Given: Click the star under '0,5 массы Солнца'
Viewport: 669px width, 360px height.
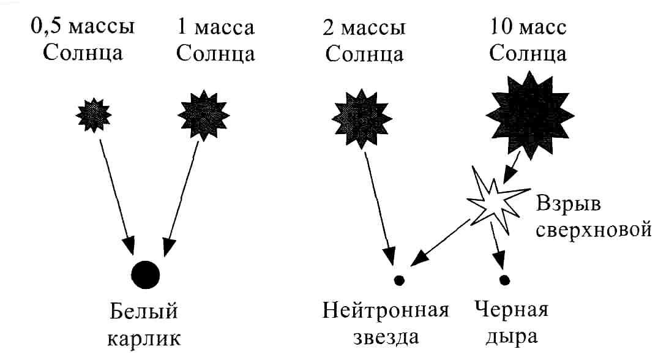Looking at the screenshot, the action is pos(94,115).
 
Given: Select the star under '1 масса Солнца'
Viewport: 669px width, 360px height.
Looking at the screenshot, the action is pos(204,115).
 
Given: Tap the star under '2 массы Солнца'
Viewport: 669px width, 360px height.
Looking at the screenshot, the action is pos(362,119).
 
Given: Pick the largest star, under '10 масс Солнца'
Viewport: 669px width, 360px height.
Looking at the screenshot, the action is pos(530,115).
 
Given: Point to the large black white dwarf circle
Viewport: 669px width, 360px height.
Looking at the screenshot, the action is pos(146,275).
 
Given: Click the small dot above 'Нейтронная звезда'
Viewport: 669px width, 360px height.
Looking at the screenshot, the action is pos(399,280).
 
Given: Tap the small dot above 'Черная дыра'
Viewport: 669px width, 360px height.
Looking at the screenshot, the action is pos(505,280).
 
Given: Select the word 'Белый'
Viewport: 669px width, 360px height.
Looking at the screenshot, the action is pos(143,311).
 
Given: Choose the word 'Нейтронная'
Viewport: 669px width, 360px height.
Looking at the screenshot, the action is pos(386,310).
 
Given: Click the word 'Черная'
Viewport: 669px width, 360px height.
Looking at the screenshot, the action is pos(511,309).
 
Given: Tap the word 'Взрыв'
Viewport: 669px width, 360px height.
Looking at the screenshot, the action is pos(568,203).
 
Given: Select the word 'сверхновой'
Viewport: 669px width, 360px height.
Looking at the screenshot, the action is pos(594,230).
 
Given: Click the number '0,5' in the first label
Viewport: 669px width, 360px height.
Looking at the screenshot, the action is pos(47,26).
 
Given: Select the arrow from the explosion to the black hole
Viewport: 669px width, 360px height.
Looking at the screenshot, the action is pos(498,246).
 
